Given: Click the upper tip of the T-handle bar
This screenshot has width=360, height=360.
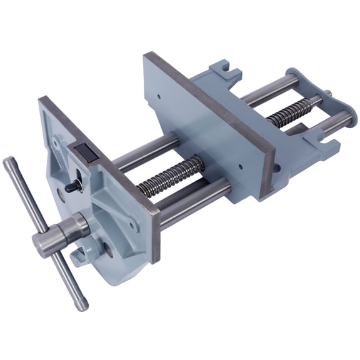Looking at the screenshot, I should tap(8, 164).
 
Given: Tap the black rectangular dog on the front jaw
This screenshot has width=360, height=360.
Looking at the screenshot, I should tap(84, 151).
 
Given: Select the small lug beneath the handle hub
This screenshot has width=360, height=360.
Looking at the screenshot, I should tap(79, 256).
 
